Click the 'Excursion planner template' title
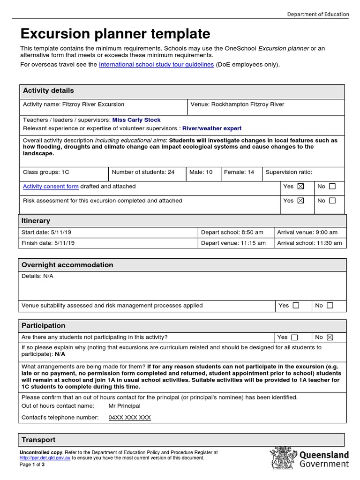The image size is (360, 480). [115, 34]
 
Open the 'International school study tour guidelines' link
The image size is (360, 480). [156, 64]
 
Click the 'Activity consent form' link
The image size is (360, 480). [51, 187]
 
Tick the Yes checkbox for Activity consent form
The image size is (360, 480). [300, 187]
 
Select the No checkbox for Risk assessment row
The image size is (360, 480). [332, 201]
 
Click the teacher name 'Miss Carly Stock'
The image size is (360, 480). [136, 120]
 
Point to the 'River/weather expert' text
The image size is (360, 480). [212, 128]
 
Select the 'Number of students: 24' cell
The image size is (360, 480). [143, 172]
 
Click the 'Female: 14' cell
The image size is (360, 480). [239, 172]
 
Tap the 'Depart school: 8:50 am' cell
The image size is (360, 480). [232, 232]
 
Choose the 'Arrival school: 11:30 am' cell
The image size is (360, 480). [309, 243]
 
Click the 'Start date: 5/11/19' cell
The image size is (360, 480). [46, 232]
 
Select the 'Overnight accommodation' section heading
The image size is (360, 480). [67, 265]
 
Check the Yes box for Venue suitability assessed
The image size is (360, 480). [296, 306]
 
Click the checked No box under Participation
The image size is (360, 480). [330, 337]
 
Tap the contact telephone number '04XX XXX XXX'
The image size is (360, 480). [130, 417]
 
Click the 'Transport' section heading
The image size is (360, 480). [38, 440]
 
